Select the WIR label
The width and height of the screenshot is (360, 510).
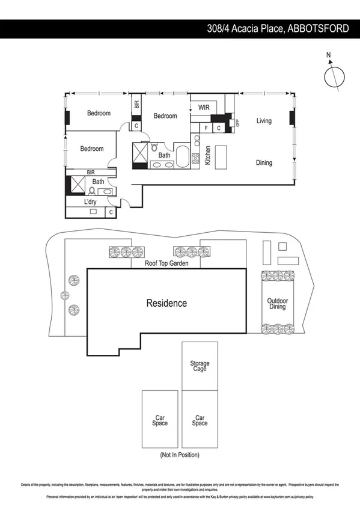[203, 108]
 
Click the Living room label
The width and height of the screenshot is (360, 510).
[264, 121]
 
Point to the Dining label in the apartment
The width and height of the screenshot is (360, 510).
[264, 162]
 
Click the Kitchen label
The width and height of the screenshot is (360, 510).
[207, 156]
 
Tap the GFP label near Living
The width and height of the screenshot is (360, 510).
[237, 122]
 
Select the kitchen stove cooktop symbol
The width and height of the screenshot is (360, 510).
[195, 159]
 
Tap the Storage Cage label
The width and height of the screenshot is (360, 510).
[200, 366]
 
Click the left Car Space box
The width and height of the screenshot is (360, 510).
[160, 420]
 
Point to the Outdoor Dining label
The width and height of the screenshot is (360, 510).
[277, 304]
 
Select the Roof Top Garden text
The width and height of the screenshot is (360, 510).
[166, 263]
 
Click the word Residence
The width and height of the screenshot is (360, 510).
[166, 303]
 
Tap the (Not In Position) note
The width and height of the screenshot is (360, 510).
[180, 455]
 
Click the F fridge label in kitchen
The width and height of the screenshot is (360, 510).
[206, 128]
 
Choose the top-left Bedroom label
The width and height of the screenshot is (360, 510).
[99, 113]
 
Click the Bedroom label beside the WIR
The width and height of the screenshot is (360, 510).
[165, 116]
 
